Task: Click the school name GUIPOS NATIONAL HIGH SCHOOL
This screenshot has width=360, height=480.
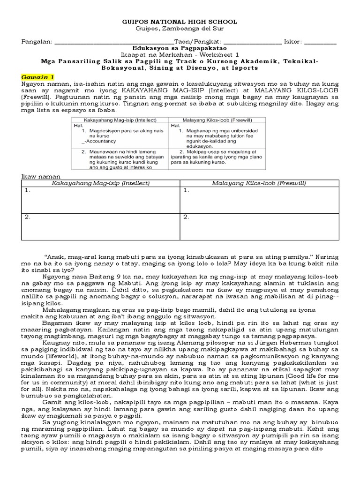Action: click(180, 22)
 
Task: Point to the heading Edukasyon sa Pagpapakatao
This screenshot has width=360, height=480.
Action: click(180, 48)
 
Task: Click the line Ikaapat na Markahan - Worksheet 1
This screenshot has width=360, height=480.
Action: click(180, 54)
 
